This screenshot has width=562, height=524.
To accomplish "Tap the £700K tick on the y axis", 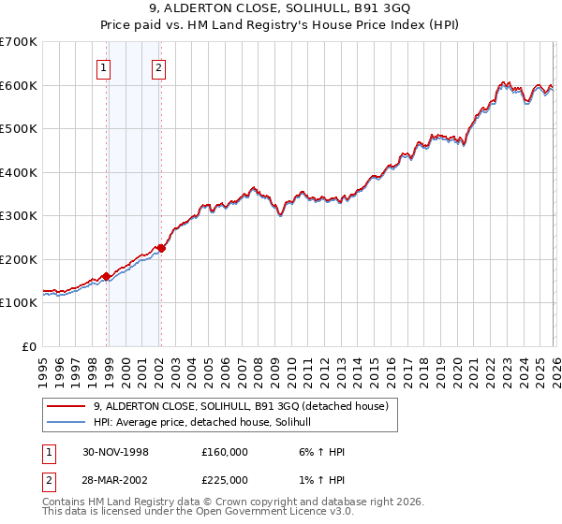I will (x=19, y=42).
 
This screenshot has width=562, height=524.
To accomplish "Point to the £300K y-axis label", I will (x=19, y=216).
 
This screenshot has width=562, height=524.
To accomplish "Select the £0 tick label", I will (x=29, y=346).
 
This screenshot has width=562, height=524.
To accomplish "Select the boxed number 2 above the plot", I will (x=159, y=67).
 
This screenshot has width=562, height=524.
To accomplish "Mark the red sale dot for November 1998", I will (x=107, y=276).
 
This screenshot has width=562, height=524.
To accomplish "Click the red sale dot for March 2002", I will (x=161, y=248).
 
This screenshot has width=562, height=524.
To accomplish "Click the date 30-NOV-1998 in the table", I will (x=115, y=451).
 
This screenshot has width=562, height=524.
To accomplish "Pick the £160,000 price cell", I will (x=225, y=451).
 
